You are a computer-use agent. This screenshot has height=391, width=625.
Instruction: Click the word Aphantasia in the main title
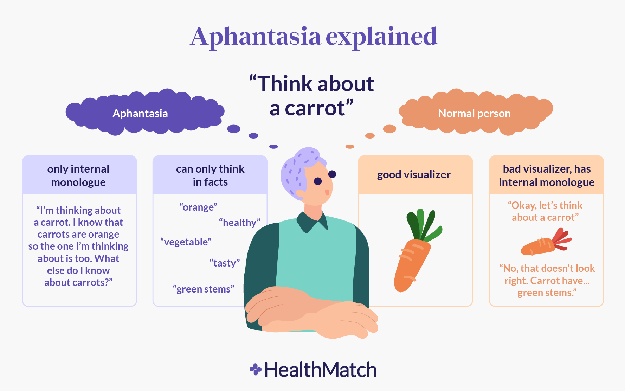pos(256,37)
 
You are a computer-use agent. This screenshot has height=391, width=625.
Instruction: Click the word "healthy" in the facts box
pos(240,223)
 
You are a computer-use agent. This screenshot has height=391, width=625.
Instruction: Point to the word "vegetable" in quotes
pos(186,242)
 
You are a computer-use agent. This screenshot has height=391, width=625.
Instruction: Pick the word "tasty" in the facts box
pos(225,263)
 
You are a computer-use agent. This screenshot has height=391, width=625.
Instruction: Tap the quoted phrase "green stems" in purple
pos(204,289)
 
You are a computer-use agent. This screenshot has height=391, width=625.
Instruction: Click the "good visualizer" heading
pos(414,175)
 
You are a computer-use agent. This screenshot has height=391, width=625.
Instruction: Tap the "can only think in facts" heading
pos(210,175)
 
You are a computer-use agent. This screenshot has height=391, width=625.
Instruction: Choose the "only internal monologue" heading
pos(78,175)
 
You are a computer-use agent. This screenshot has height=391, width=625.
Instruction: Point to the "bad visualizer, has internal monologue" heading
pos(547,175)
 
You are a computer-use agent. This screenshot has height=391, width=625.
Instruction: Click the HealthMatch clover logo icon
pos(255,370)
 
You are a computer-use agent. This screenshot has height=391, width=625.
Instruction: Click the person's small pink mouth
pos(327,192)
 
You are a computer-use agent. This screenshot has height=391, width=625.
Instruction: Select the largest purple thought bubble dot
pos(234,129)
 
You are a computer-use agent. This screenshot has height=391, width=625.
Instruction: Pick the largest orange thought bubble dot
pos(389,129)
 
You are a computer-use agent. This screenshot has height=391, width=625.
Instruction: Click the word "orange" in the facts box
pos(198,207)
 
